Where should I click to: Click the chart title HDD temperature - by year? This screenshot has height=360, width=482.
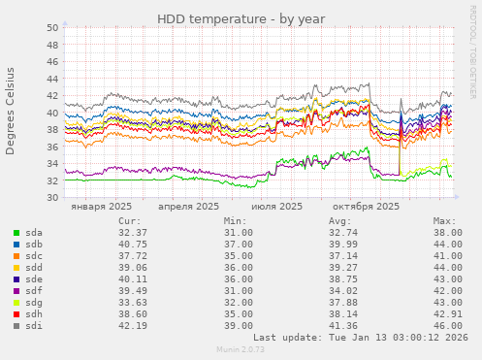coord(241,18)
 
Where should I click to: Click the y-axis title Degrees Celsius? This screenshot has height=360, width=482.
coord(11,111)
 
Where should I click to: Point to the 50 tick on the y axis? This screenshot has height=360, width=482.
coord(51,28)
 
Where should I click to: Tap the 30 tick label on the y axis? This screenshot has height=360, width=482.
coord(51,198)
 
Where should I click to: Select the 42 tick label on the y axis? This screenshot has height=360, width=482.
coord(51,96)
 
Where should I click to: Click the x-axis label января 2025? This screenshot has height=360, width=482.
coord(101,207)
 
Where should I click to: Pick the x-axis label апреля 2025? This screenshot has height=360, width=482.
coord(187,207)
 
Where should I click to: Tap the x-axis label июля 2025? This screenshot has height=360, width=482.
coord(276,207)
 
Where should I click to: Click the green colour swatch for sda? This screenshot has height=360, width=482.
coord(16,233)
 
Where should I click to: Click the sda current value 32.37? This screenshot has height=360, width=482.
coord(132,233)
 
